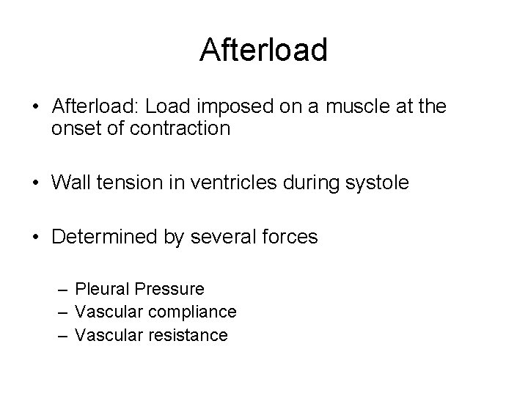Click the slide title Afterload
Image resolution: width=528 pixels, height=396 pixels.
(x=263, y=50)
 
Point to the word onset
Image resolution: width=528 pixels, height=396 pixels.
(x=76, y=129)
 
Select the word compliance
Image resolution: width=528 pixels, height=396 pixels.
(x=191, y=313)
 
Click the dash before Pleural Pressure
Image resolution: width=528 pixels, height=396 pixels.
(x=64, y=290)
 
